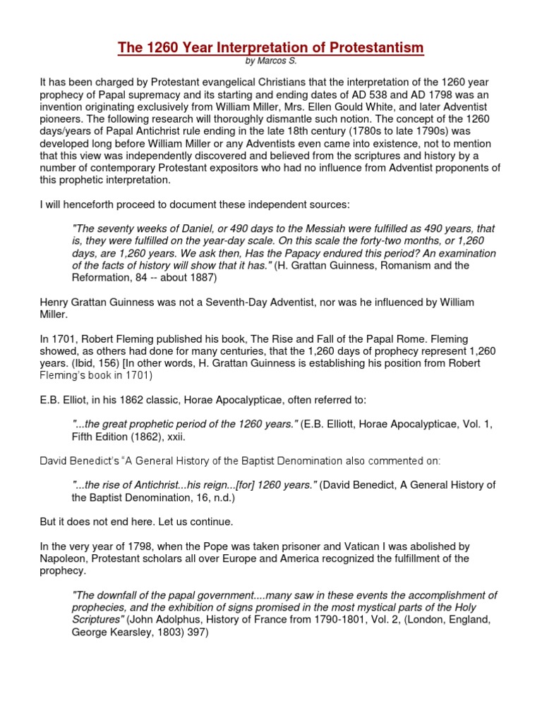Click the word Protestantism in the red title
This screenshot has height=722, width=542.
(370, 48)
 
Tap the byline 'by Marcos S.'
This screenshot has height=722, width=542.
(270, 62)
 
